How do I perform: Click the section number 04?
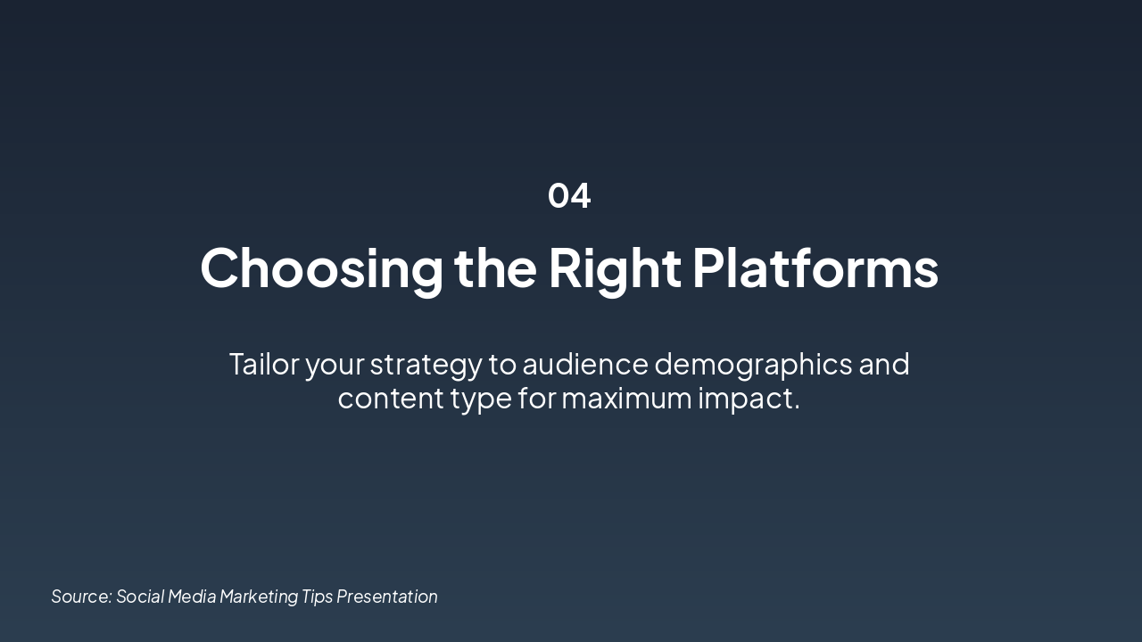point(569,195)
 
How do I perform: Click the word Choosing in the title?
point(321,267)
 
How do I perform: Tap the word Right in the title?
point(615,267)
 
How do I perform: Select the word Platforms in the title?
point(815,267)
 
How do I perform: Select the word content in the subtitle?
point(390,398)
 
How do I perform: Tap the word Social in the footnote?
point(139,597)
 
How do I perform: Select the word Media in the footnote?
point(192,597)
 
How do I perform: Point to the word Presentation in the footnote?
point(387,597)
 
